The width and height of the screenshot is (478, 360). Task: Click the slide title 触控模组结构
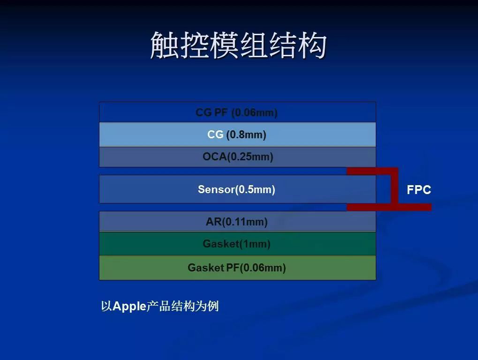(238, 45)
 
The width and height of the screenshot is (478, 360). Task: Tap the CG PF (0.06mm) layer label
(236, 112)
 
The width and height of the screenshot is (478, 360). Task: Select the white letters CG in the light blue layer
(215, 135)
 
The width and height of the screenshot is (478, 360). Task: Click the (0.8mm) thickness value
(246, 135)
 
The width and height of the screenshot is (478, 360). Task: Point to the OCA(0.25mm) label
(238, 157)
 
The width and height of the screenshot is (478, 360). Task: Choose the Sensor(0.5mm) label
(236, 189)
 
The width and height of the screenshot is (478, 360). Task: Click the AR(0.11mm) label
(236, 222)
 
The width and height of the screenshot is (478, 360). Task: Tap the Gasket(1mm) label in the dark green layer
(236, 244)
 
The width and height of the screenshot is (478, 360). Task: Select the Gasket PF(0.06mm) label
(236, 268)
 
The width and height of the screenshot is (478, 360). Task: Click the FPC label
(419, 190)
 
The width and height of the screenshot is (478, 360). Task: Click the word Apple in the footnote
(129, 307)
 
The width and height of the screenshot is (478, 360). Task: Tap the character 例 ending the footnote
(213, 306)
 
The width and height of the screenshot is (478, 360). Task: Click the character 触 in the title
(165, 45)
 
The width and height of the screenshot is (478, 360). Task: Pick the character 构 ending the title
(313, 45)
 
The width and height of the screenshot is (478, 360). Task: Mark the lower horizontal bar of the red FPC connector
(389, 207)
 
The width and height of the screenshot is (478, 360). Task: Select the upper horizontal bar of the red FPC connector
(372, 171)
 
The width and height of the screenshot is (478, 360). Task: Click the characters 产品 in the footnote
(159, 306)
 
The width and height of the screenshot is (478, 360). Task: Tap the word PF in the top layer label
(221, 112)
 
